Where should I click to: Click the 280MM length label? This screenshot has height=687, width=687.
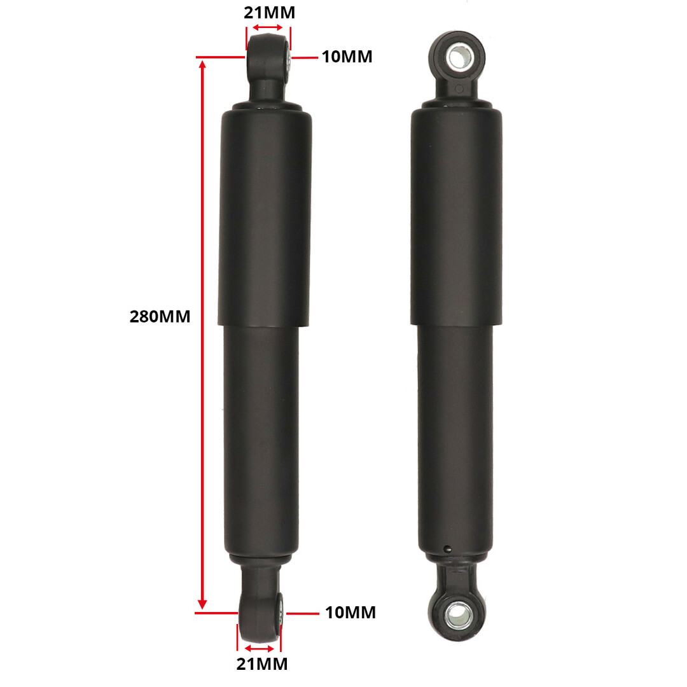pos(160,316)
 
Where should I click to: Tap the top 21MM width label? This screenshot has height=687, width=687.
pos(269,12)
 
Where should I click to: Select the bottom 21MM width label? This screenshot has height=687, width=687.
pos(261,664)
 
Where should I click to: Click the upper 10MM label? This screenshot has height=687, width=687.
pos(347,57)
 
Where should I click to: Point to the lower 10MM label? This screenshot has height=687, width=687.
pos(350,613)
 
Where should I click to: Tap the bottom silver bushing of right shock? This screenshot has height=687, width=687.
pos(456,614)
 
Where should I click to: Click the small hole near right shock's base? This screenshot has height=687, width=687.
pos(447,549)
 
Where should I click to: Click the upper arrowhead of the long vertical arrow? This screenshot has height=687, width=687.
pos(202,66)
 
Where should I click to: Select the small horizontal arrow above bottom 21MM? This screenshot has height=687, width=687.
pos(260,648)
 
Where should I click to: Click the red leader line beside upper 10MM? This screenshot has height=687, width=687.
pos(305,57)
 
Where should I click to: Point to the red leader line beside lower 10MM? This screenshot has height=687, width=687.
pos(302,613)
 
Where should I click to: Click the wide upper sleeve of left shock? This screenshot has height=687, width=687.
pos(265,216)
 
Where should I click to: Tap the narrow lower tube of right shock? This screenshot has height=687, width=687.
pos(455,439)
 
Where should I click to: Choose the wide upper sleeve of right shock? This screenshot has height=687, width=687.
pos(456,216)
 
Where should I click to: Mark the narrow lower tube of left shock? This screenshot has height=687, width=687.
pos(261,439)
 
